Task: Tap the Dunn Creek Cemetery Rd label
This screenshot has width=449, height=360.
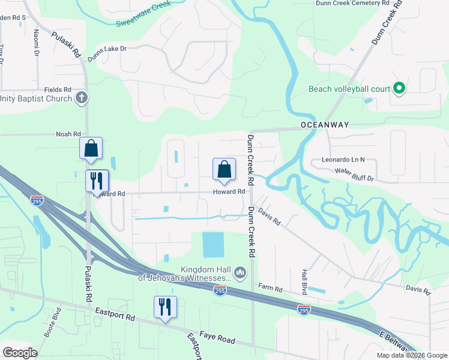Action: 357,4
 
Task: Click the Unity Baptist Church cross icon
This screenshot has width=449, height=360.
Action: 82,98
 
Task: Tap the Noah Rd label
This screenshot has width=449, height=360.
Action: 68,134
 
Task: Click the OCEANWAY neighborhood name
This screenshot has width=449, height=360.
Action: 325,125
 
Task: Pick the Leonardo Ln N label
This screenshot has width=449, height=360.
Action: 343,160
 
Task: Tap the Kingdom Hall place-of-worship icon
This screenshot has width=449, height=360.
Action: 240,274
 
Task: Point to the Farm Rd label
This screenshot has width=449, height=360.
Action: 270,288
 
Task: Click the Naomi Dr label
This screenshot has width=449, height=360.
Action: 37,43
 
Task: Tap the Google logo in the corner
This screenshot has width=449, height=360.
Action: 20,353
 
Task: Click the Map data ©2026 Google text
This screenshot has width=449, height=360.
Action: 411,355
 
